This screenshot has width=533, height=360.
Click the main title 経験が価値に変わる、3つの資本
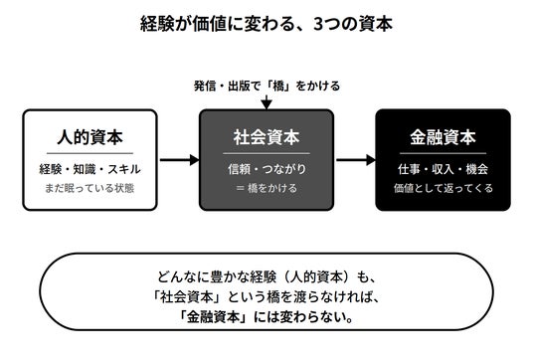pyautogui.click(x=266, y=24)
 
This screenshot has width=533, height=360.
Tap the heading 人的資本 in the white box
pyautogui.click(x=90, y=137)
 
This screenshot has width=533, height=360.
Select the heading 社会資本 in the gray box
pyautogui.click(x=266, y=137)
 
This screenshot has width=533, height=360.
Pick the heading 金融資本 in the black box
pyautogui.click(x=443, y=137)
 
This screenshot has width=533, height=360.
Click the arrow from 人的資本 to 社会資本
pyautogui.click(x=179, y=160)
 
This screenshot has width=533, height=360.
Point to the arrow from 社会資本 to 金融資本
pyautogui.click(x=356, y=160)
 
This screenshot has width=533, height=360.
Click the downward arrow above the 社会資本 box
pyautogui.click(x=266, y=102)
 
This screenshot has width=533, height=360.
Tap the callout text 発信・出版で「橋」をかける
pyautogui.click(x=266, y=86)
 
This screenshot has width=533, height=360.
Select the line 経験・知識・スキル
pyautogui.click(x=90, y=169)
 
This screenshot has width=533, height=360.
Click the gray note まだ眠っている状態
pyautogui.click(x=89, y=188)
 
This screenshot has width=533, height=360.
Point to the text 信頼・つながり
pyautogui.click(x=266, y=169)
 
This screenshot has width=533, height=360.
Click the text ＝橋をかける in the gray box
pyautogui.click(x=266, y=188)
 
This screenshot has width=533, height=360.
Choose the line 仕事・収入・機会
pyautogui.click(x=443, y=169)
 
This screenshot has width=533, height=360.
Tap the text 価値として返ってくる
pyautogui.click(x=444, y=188)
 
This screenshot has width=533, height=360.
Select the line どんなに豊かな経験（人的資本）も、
pyautogui.click(x=266, y=277)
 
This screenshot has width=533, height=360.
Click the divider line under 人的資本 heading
pyautogui.click(x=90, y=153)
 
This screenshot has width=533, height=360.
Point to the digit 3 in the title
pyautogui.click(x=317, y=24)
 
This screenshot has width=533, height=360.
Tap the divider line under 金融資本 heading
pyautogui.click(x=443, y=153)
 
